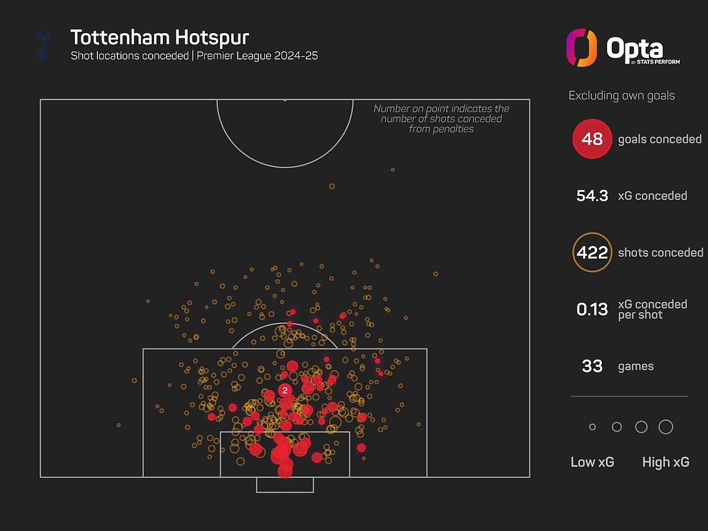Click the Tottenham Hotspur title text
click(160, 37)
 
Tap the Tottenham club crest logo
click(43, 42)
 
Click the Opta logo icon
click(582, 48)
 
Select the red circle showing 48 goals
click(592, 139)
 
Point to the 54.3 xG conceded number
click(592, 196)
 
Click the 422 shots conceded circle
click(592, 252)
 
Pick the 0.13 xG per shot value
click(592, 309)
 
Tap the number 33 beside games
click(592, 366)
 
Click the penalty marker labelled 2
click(285, 391)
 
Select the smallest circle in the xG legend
click(592, 427)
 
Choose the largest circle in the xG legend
click(666, 427)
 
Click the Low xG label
click(592, 462)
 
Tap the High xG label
click(666, 462)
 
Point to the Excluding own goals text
click(621, 96)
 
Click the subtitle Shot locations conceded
click(130, 56)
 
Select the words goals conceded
click(660, 139)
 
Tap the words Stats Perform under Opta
click(658, 61)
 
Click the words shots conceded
click(661, 253)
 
